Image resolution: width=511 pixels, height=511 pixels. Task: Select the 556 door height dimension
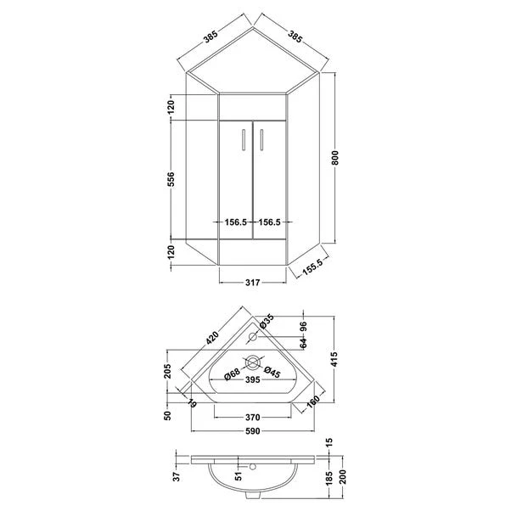tap(171, 179)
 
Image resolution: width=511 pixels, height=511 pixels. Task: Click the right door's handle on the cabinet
tap(261, 137)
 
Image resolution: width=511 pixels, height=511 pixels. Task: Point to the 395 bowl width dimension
tap(251, 380)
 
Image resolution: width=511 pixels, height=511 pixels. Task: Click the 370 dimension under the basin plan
tap(251, 417)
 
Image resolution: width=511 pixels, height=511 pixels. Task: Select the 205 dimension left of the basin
tap(169, 372)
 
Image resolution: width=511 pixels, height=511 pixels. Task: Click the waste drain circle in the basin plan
tap(252, 363)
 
